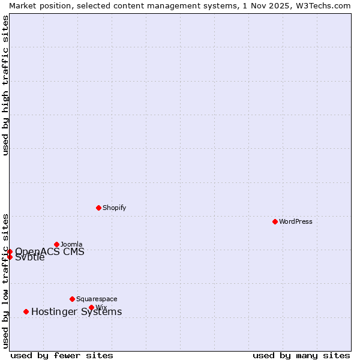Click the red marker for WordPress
pyautogui.click(x=275, y=221)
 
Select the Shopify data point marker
pyautogui.click(x=98, y=208)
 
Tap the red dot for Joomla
pyautogui.click(x=57, y=244)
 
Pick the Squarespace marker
pyautogui.click(x=72, y=299)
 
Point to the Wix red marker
pyautogui.click(x=91, y=307)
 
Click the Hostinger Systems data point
pyautogui.click(x=26, y=311)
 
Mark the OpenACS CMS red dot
pyautogui.click(x=10, y=251)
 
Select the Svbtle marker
pyautogui.click(x=10, y=257)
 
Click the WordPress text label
pyautogui.click(x=296, y=221)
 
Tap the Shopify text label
pyautogui.click(x=114, y=208)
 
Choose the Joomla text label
pyautogui.click(x=71, y=244)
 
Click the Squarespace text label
pyautogui.click(x=97, y=299)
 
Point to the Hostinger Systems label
pyautogui.click(x=76, y=311)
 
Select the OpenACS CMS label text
pyautogui.click(x=50, y=251)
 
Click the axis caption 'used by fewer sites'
pyautogui.click(x=62, y=355)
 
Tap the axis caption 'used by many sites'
pyautogui.click(x=301, y=355)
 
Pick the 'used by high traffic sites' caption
pyautogui.click(x=5, y=85)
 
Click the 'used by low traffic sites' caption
pyautogui.click(x=5, y=281)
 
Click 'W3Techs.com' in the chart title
pyautogui.click(x=326, y=5)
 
